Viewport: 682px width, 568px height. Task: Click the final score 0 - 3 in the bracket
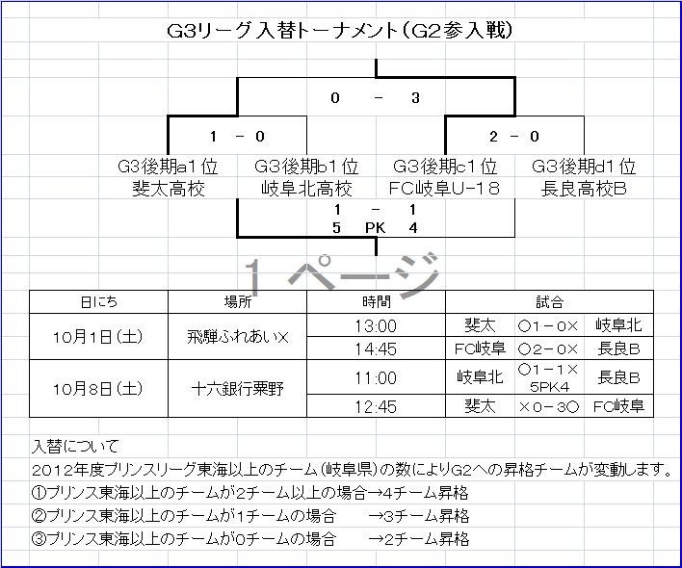[375, 97]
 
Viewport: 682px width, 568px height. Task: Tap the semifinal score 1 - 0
[236, 137]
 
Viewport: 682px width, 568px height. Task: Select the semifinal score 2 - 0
[513, 137]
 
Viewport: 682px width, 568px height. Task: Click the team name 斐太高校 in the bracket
[169, 189]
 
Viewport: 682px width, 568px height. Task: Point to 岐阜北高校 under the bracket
[306, 189]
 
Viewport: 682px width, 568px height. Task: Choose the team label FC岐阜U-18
[445, 189]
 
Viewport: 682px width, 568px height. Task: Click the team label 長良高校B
[584, 189]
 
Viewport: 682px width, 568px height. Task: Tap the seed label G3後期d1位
[584, 168]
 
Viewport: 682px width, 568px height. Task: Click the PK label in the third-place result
[375, 228]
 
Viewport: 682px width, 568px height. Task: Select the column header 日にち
[99, 302]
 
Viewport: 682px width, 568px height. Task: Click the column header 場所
[237, 302]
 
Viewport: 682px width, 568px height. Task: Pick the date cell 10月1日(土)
[99, 337]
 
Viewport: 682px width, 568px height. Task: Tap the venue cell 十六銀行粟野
[237, 389]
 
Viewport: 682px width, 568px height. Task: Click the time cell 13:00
[375, 325]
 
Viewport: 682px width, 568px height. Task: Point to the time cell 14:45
[375, 349]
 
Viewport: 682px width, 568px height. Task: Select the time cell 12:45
[375, 407]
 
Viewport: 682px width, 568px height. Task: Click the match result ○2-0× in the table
[547, 349]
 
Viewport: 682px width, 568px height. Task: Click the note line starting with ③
[250, 539]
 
